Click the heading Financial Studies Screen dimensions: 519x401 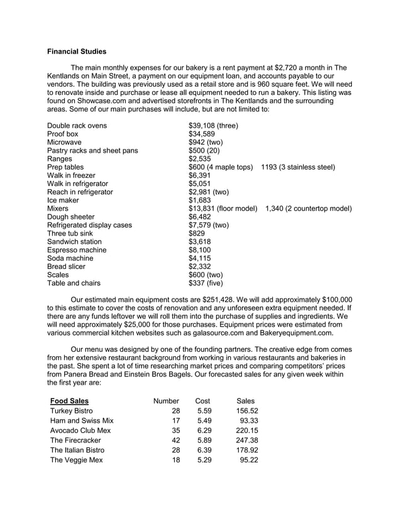77,51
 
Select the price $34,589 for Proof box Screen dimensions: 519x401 202,134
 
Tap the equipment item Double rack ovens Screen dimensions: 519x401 77,126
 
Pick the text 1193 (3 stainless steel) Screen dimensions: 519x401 297,167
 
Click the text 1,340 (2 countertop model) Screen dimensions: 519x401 309,209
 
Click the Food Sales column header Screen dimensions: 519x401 69,401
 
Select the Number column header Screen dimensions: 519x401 167,401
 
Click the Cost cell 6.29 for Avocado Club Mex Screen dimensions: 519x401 202,431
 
